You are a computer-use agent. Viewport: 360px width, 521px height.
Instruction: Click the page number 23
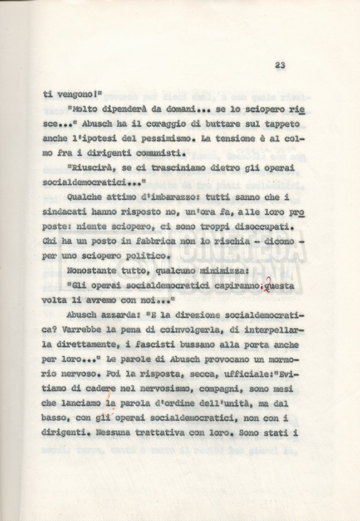coord(280,65)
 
